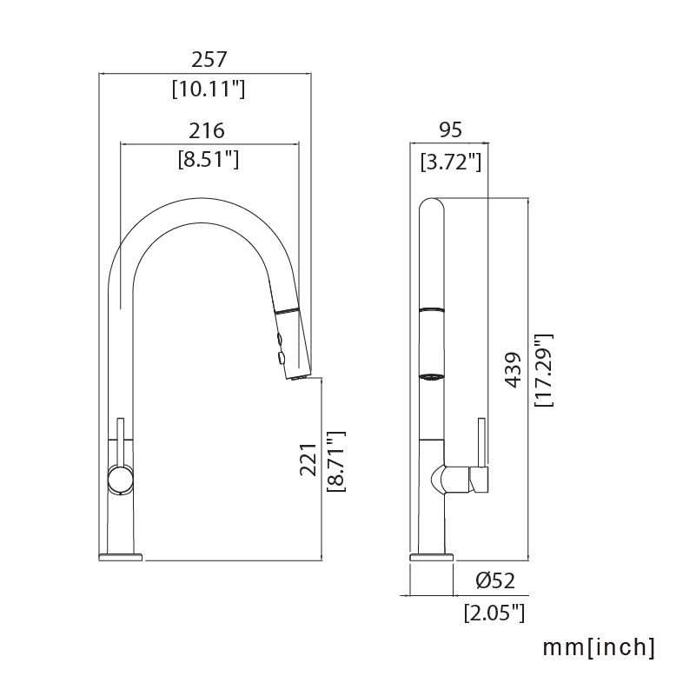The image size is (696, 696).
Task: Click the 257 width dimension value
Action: tap(209, 59)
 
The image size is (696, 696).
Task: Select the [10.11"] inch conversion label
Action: tap(209, 89)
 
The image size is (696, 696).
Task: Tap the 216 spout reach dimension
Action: tap(207, 131)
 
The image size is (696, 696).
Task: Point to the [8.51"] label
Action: tap(209, 159)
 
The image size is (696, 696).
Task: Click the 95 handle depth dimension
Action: tap(451, 130)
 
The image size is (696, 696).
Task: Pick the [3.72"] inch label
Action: tap(451, 162)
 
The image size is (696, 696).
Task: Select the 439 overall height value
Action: tap(513, 370)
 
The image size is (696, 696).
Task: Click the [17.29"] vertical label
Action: tap(544, 370)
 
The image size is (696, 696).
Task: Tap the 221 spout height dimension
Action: tap(308, 460)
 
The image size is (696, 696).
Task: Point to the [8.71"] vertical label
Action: tap(336, 461)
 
